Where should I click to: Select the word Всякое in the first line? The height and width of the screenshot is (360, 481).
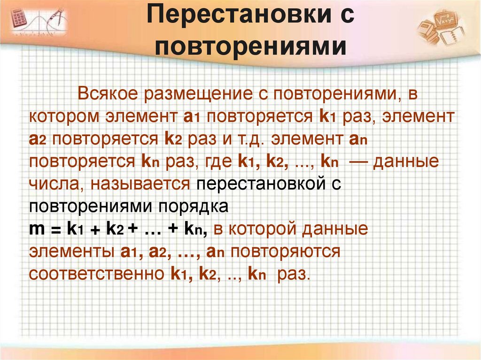coord(108,93)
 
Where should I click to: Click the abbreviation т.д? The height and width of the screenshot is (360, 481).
coord(250,138)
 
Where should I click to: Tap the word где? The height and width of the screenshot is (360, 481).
coord(220,161)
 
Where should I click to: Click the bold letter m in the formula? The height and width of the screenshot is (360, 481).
coord(37,229)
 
